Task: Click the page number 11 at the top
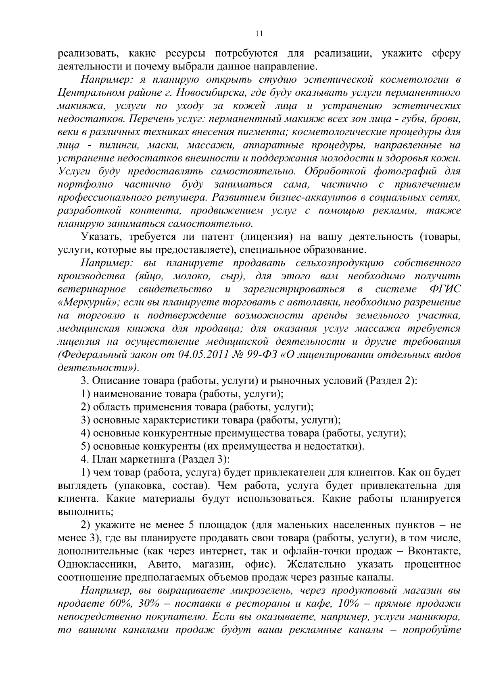259,34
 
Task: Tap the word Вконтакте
434,551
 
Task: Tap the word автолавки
324,302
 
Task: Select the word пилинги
106,145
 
